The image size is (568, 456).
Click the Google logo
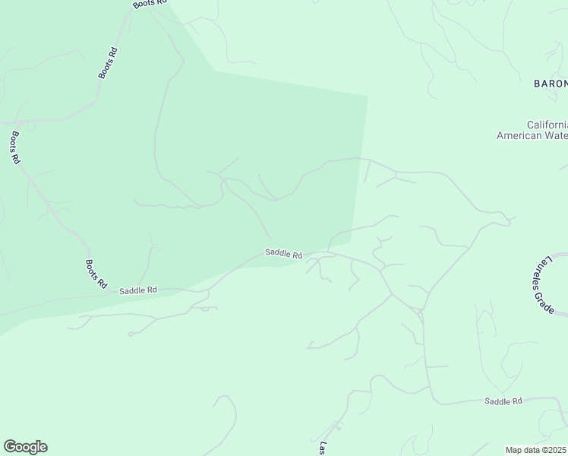(x=25, y=447)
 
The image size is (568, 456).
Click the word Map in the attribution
(x=514, y=450)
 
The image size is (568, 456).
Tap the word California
(x=547, y=125)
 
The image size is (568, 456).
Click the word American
(x=520, y=136)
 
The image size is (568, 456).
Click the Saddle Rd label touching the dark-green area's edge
(x=284, y=254)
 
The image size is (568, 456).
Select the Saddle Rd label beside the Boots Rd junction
(x=138, y=290)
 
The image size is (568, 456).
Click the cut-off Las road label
(x=322, y=448)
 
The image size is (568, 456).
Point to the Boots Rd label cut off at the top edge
(x=149, y=4)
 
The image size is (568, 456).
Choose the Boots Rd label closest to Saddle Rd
(x=96, y=274)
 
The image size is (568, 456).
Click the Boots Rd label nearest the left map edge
(x=15, y=147)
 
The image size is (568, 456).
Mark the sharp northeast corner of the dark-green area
(x=368, y=97)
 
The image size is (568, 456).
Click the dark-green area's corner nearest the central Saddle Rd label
(x=350, y=242)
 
